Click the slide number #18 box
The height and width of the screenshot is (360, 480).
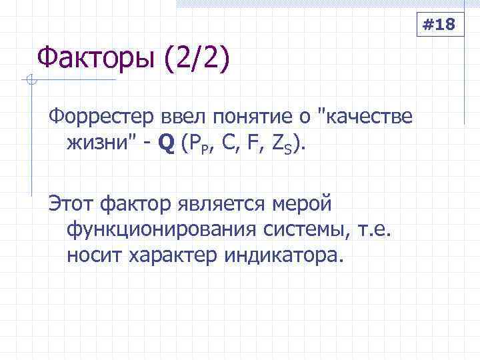(x=439, y=26)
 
